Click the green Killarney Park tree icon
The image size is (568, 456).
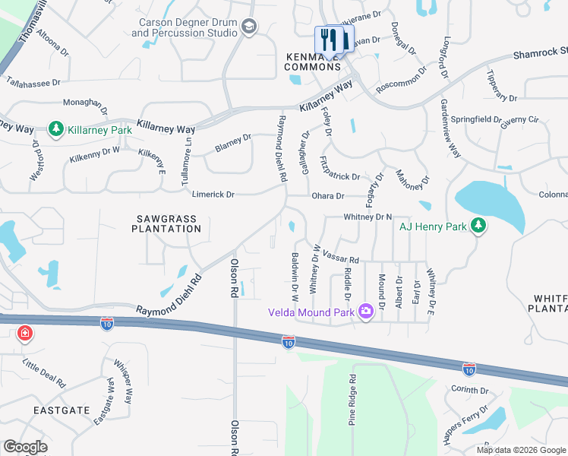coord(55,130)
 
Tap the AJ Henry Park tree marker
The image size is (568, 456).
coord(478,225)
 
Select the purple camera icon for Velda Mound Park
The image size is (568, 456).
coord(365,312)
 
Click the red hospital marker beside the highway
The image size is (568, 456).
coord(26,333)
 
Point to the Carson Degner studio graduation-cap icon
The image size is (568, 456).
coord(248,27)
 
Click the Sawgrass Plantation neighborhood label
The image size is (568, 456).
coord(166,223)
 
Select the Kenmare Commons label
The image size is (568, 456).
coord(313,62)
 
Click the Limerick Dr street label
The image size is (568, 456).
coord(213,195)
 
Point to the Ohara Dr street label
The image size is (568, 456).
coord(328,196)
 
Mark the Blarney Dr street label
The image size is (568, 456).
coord(233,142)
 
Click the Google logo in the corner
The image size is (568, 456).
coord(26,447)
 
